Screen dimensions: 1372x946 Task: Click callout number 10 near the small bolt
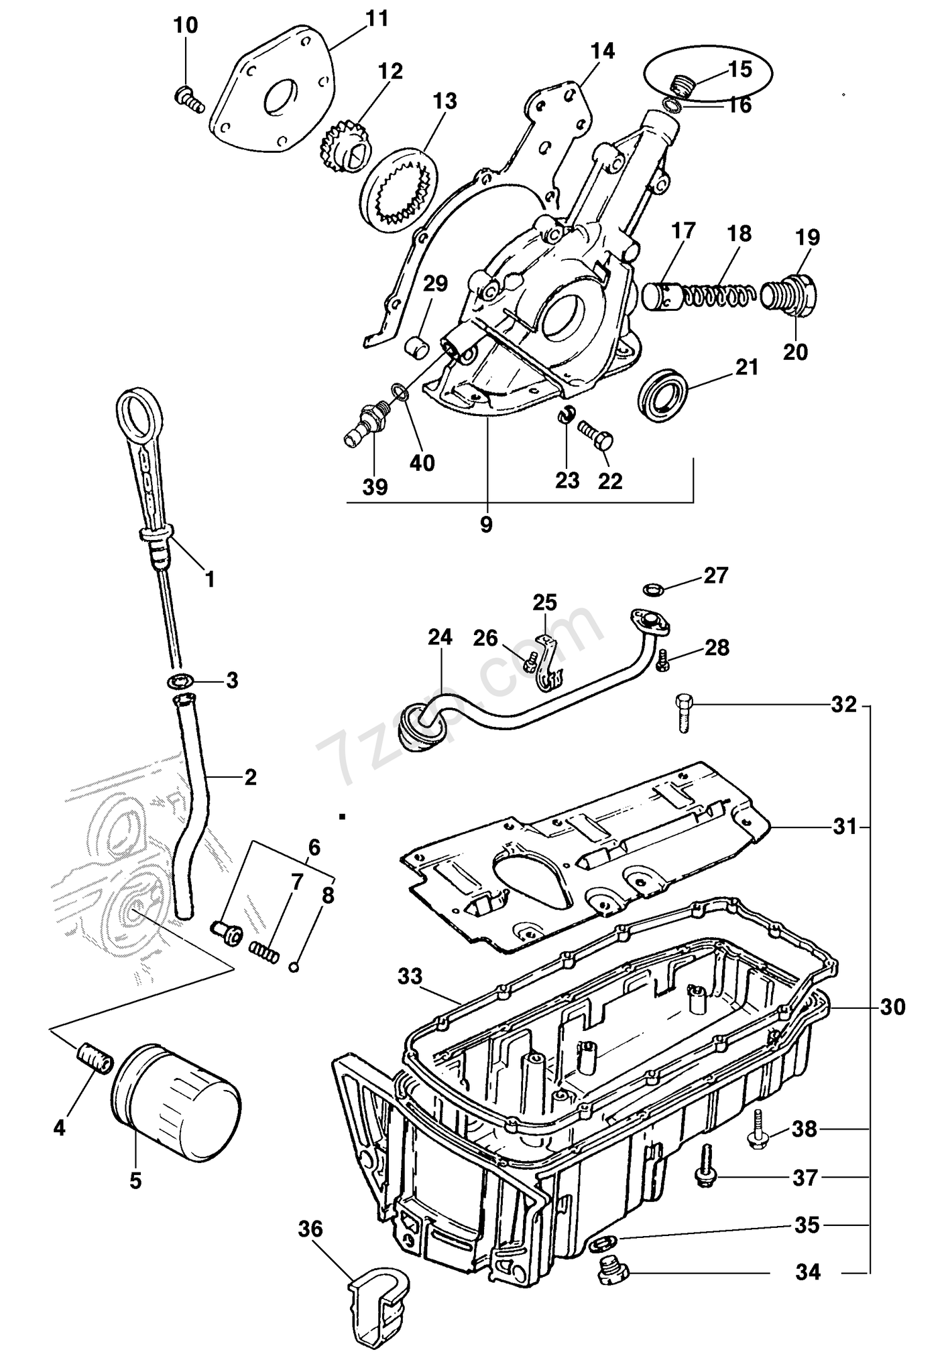(186, 25)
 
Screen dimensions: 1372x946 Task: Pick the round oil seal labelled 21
(662, 393)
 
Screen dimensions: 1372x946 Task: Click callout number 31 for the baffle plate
(845, 827)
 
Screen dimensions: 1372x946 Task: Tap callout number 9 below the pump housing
(486, 525)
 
